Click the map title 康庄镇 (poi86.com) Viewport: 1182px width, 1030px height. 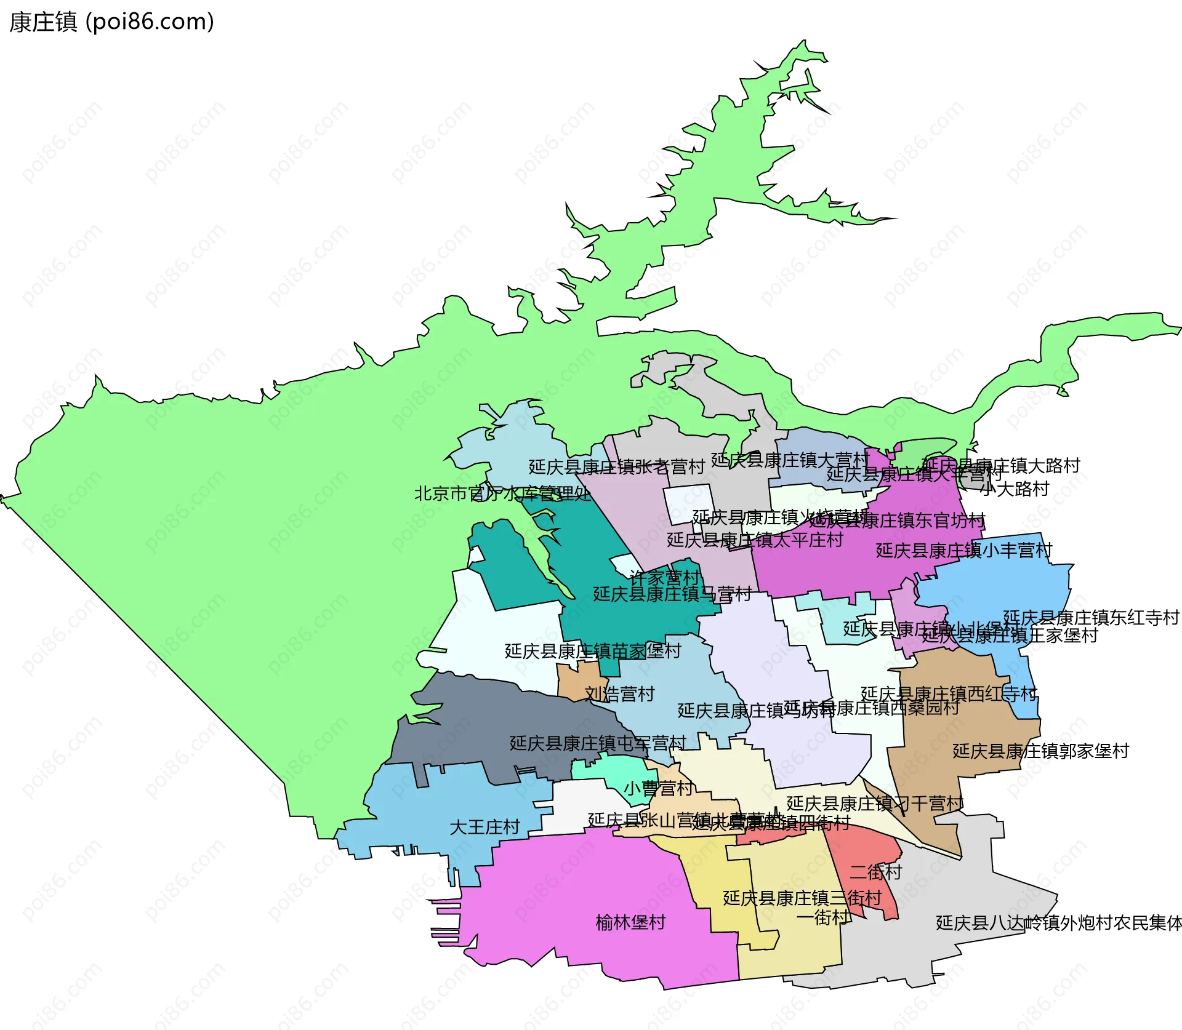click(111, 22)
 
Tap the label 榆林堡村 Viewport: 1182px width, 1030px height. click(630, 922)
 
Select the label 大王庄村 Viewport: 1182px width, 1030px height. click(484, 827)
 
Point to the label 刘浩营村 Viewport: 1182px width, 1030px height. click(619, 694)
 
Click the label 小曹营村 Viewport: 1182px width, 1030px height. click(658, 788)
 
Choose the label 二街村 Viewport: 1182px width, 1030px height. click(875, 872)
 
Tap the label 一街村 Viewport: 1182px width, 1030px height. click(823, 917)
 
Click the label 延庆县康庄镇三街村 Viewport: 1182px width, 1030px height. click(802, 898)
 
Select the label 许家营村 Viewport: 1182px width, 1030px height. click(664, 577)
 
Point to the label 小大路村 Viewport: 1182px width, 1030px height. click(1014, 489)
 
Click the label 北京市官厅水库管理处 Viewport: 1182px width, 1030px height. click(502, 493)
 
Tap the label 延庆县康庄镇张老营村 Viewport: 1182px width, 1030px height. click(616, 467)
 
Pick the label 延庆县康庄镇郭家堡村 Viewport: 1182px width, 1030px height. click(1040, 751)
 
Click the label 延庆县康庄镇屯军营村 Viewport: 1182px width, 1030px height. click(597, 743)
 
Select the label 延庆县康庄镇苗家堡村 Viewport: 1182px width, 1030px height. click(592, 651)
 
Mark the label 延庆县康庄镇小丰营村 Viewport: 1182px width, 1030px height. click(963, 550)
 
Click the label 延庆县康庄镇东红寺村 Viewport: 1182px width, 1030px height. click(1091, 617)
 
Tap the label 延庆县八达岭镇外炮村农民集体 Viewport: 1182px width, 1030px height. click(1058, 923)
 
